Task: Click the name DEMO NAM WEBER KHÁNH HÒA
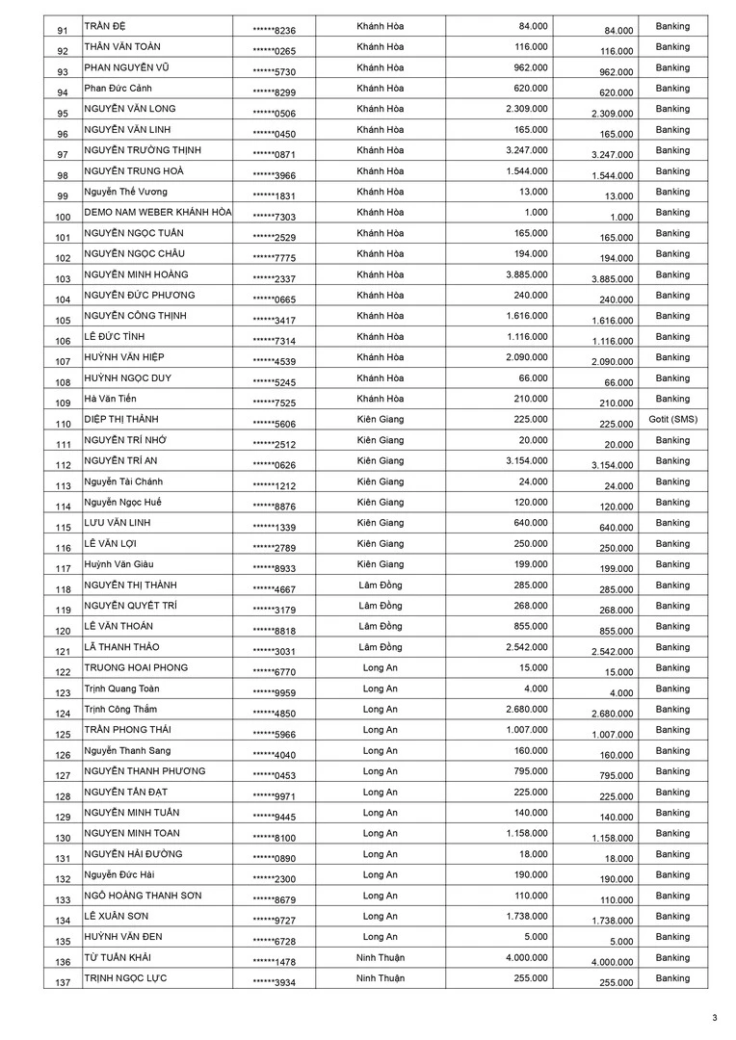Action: (158, 212)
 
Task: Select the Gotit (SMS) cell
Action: (672, 420)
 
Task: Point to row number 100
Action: (64, 218)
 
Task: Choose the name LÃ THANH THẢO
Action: (121, 647)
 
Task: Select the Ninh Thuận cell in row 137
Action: (380, 978)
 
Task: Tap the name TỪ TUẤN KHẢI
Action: (118, 958)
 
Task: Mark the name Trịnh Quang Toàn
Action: (121, 689)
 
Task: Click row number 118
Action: (64, 590)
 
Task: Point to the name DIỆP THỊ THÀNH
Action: (121, 420)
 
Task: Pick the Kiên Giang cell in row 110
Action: (380, 420)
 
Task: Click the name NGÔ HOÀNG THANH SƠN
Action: (143, 896)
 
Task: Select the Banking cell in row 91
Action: (672, 26)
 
